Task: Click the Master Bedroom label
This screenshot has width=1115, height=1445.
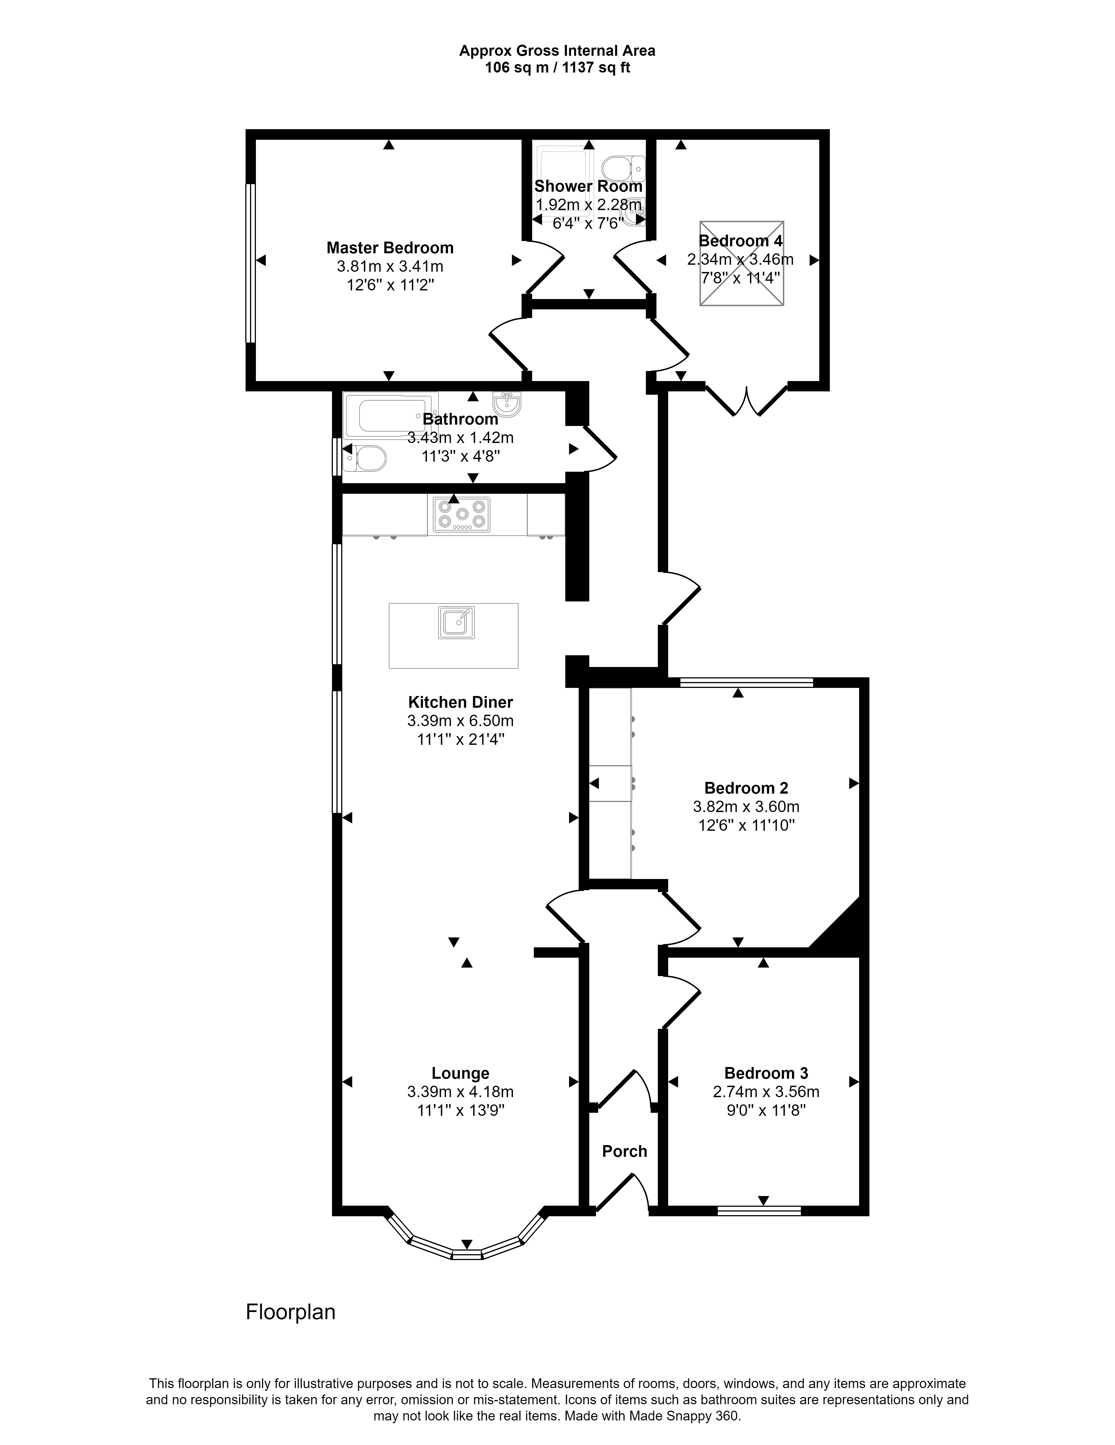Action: (389, 248)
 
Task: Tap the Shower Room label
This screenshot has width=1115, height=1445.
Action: (588, 187)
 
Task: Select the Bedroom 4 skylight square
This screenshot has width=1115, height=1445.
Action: (741, 263)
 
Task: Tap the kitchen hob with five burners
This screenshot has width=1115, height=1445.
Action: (462, 515)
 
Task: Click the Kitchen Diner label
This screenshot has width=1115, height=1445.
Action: (460, 702)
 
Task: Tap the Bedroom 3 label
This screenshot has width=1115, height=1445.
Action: (766, 1073)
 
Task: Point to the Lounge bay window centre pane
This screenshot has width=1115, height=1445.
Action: (467, 1254)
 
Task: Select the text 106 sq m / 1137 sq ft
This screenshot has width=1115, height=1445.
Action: (557, 68)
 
